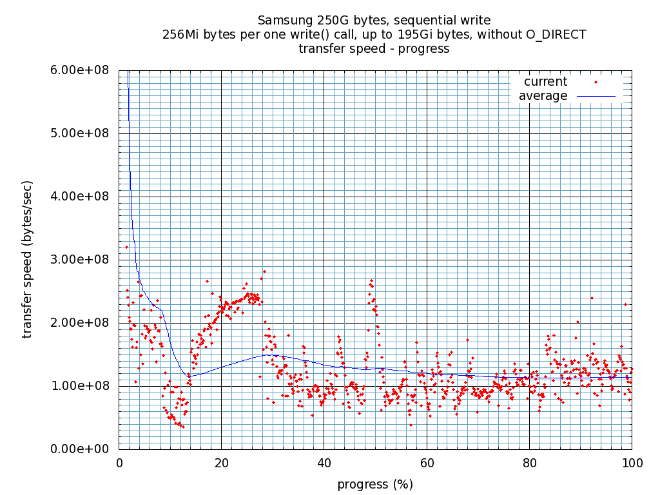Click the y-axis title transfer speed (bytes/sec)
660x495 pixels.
28,259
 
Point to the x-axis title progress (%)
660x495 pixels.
375,484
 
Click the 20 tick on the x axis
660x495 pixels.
221,463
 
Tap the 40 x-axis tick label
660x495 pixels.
324,463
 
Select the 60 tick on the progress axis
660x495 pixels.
426,463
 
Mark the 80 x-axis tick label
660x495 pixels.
529,463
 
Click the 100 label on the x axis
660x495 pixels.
632,463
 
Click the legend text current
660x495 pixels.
545,82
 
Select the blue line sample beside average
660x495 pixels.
596,96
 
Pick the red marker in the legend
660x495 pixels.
596,82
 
